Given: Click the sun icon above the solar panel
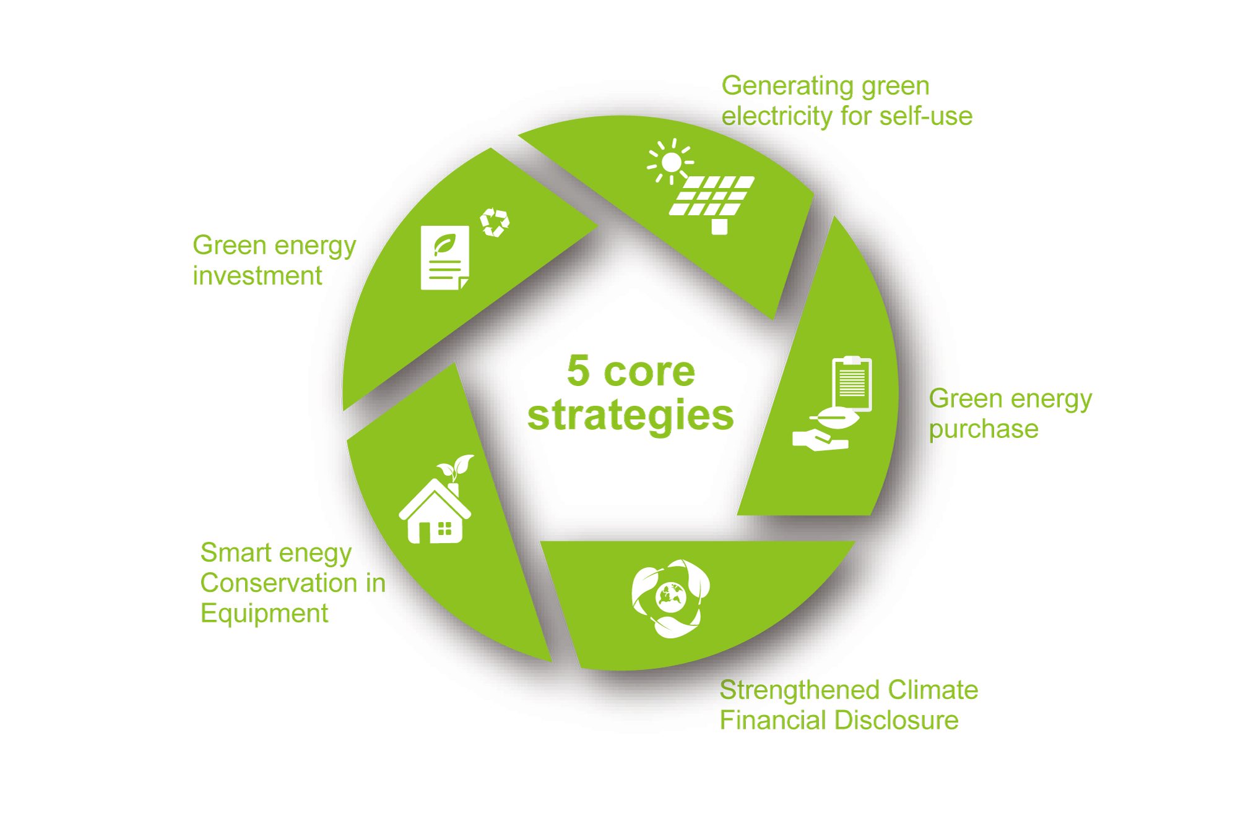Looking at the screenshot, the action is pyautogui.click(x=670, y=162).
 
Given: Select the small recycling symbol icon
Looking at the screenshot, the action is pyautogui.click(x=495, y=222).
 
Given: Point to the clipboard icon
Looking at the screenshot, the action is pyautogui.click(x=852, y=384).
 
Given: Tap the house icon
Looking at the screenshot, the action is pyautogui.click(x=435, y=511).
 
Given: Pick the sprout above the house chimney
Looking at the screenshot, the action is pyautogui.click(x=456, y=468).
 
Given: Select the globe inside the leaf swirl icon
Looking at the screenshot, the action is pyautogui.click(x=670, y=598).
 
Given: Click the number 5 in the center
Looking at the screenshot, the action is pyautogui.click(x=578, y=371).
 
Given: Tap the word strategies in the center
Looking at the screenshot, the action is pyautogui.click(x=631, y=415).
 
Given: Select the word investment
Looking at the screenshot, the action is pyautogui.click(x=258, y=275).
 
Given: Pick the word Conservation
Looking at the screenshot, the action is pyautogui.click(x=279, y=583).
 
